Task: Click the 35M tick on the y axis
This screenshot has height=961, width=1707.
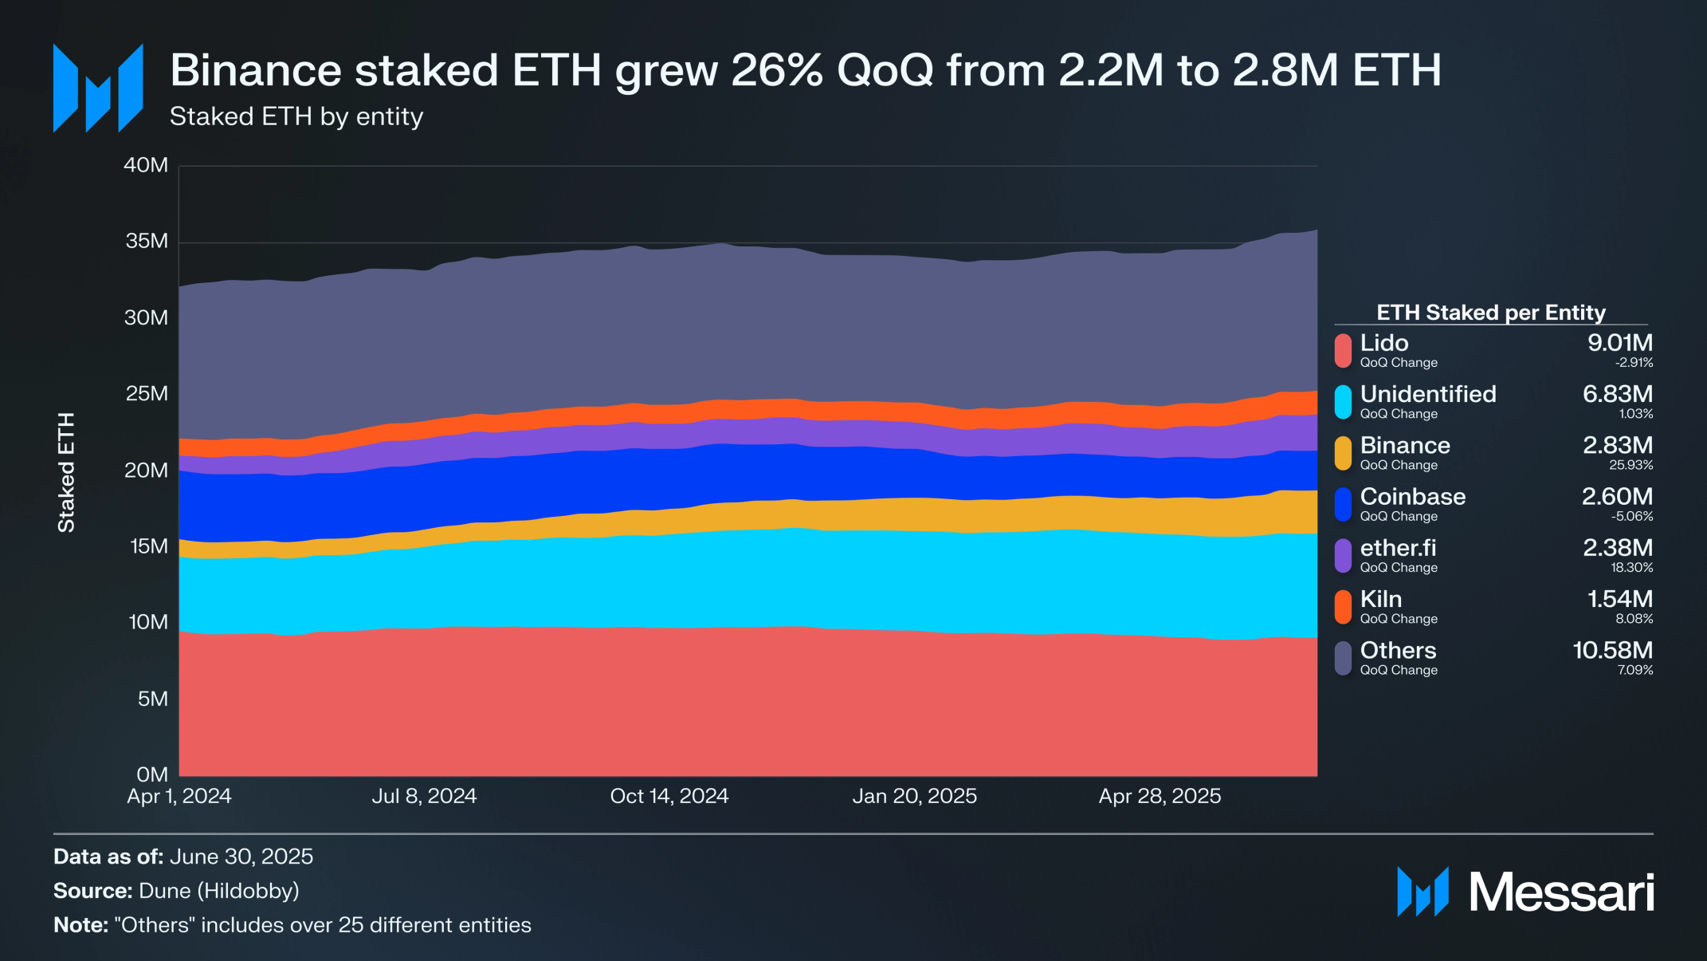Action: tap(147, 241)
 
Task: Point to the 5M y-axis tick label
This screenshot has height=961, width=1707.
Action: tap(152, 699)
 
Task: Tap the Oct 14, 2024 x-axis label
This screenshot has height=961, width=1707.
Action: tap(669, 796)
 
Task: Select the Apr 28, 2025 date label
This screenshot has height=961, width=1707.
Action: tap(1160, 796)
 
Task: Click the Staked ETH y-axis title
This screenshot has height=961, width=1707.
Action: tap(66, 472)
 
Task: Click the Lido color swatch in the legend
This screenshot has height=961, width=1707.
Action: tap(1344, 351)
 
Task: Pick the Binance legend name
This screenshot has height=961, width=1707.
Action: tap(1405, 445)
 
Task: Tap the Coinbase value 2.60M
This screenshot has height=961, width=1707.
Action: tap(1617, 496)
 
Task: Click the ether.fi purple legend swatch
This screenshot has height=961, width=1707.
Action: tap(1344, 556)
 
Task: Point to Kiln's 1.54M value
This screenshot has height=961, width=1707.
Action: tap(1619, 599)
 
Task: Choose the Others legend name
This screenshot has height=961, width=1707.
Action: tap(1398, 650)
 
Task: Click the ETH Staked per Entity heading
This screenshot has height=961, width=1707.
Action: tap(1490, 313)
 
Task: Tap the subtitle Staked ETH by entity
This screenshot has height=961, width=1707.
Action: tap(296, 116)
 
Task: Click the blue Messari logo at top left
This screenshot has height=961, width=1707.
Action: tap(98, 88)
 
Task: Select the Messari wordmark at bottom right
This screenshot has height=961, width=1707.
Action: tap(1561, 892)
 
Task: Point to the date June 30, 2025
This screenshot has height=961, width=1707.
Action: tap(241, 857)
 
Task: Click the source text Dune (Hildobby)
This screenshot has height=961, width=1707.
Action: tap(218, 891)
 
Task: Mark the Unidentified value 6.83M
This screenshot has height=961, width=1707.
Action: tap(1617, 394)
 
